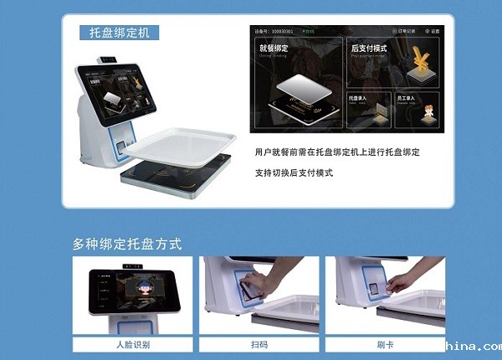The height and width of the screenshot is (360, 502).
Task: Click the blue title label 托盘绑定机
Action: coord(124,33)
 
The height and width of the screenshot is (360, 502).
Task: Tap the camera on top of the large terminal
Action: coord(107,59)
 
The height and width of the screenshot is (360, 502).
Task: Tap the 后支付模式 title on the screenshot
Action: coord(368,49)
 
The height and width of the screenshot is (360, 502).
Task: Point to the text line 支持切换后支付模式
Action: coord(294,172)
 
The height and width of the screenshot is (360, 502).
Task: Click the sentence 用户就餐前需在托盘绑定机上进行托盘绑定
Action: coord(337,153)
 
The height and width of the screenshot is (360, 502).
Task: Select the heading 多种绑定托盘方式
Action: coord(126,244)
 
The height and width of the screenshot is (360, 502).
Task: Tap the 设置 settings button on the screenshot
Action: coord(431,31)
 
